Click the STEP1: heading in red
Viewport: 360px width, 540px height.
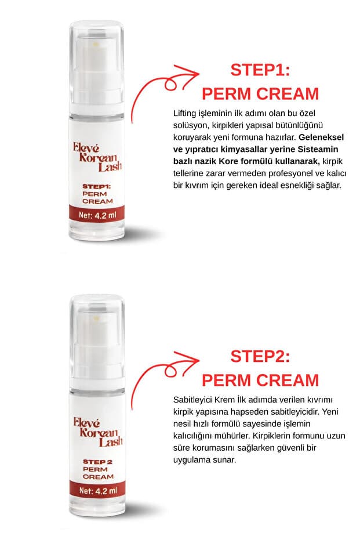pyautogui.click(x=260, y=70)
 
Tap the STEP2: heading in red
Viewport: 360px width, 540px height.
pyautogui.click(x=260, y=356)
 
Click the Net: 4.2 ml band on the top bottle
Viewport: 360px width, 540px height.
pyautogui.click(x=97, y=215)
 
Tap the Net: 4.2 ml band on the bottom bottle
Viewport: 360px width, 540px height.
pyautogui.click(x=97, y=491)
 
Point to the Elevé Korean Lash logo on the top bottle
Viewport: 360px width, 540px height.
pyautogui.click(x=97, y=157)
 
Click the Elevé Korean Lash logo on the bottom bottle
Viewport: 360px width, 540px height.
pyautogui.click(x=98, y=432)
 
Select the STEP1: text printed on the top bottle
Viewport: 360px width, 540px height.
pyautogui.click(x=96, y=186)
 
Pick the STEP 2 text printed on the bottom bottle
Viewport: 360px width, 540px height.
pyautogui.click(x=98, y=462)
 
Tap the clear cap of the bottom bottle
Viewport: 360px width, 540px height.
pyautogui.click(x=97, y=342)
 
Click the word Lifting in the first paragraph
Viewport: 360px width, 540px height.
pyautogui.click(x=184, y=113)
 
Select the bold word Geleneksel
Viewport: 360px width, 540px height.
pyautogui.click(x=321, y=137)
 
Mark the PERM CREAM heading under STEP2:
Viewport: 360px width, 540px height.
pyautogui.click(x=260, y=380)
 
